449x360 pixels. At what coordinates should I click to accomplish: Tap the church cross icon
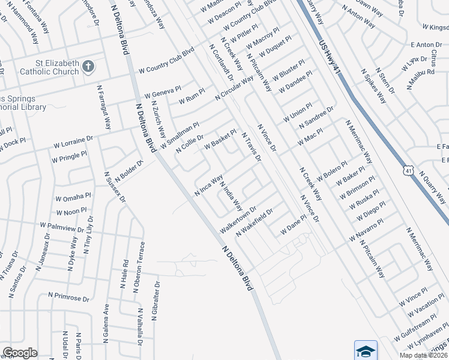coord(88,67)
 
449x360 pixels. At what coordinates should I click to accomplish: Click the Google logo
coord(20,353)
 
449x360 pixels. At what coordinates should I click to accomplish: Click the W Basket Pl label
coord(220,139)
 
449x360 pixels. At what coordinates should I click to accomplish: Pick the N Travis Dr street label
coord(252,147)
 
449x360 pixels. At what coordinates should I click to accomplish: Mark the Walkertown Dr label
coord(238,220)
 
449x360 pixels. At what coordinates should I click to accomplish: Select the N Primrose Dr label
coord(68,298)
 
